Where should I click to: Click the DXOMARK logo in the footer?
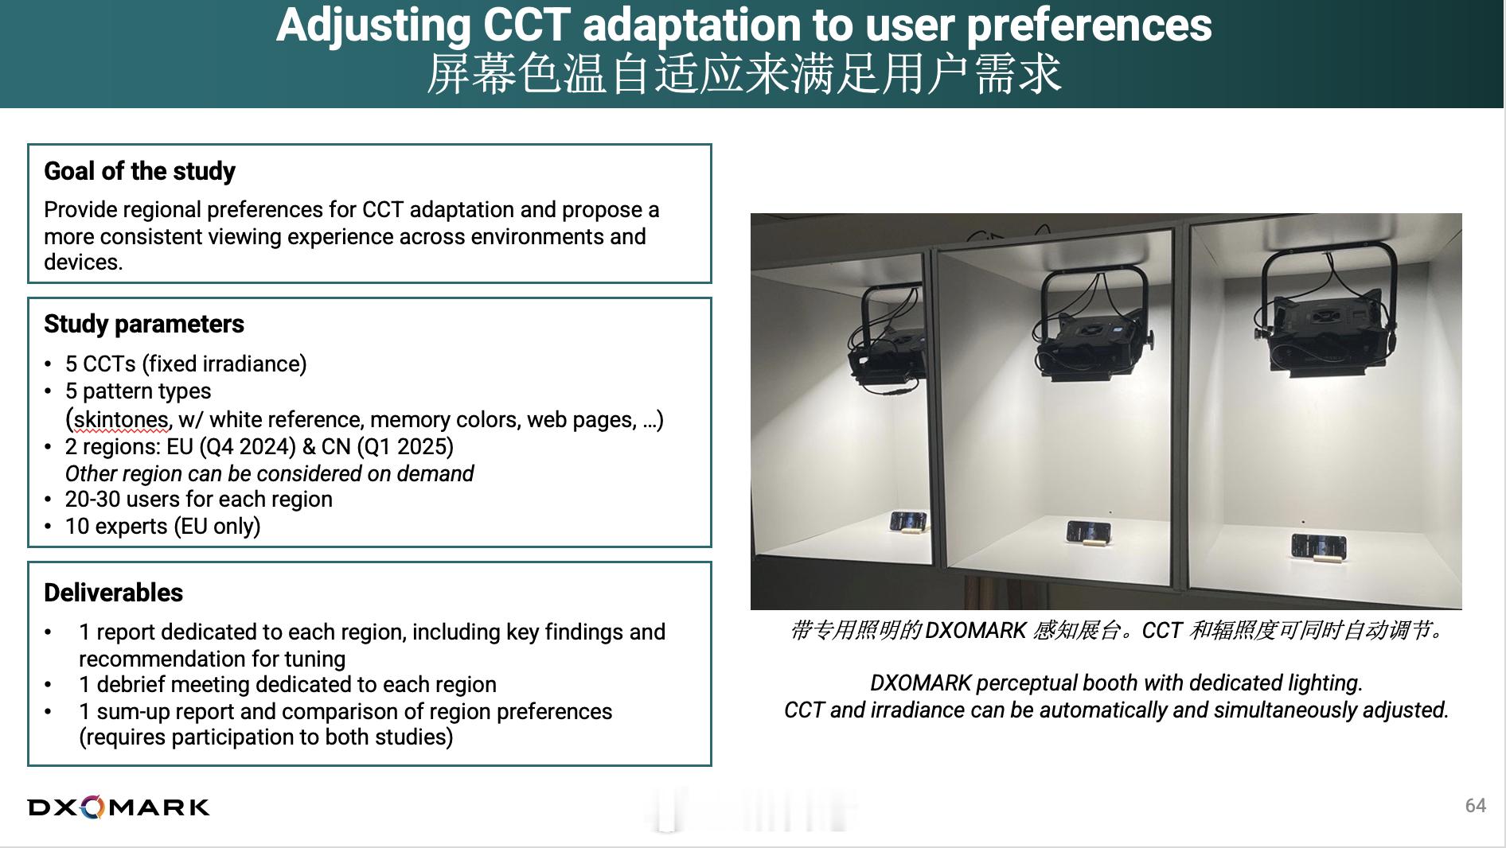pos(119,807)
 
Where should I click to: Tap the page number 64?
pos(1475,806)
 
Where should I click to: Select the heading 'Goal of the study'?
pos(140,171)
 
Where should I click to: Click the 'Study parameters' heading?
pos(144,324)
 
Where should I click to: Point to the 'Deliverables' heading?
pos(113,593)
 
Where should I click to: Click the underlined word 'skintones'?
pos(121,419)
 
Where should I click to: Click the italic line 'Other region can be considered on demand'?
pos(269,473)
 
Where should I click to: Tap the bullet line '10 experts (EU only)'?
pos(163,526)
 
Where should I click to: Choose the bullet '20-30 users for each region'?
pos(199,499)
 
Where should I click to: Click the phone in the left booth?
pos(907,523)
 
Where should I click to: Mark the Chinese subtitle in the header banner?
pos(744,74)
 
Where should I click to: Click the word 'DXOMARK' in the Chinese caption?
pos(976,630)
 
